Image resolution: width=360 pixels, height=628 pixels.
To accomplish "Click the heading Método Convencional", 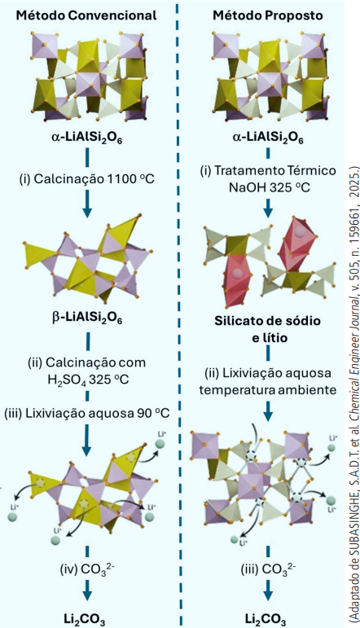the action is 86,15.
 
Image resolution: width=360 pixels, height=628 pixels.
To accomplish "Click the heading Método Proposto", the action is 267,15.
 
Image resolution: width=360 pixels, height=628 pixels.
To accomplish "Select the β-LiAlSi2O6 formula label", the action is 87,318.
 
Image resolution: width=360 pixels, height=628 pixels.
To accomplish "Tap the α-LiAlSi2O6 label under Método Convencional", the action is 87,139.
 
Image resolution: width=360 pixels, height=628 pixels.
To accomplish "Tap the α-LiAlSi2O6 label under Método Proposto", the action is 267,139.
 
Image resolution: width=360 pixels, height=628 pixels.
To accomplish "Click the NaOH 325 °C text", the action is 270,187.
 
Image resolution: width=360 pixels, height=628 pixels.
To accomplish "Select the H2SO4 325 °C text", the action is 88,379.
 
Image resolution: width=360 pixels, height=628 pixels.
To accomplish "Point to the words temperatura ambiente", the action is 268,389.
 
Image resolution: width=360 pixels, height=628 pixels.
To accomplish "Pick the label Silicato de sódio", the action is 267,321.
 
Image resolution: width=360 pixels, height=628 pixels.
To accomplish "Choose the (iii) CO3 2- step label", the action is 267,569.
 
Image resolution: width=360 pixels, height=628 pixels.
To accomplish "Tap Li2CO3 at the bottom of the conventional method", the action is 85,619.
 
